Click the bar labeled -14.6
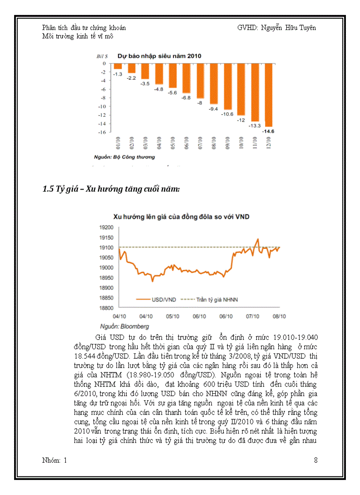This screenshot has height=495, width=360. pyautogui.click(x=268, y=95)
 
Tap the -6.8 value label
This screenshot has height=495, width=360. pyautogui.click(x=186, y=97)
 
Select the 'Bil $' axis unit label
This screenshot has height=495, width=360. pyautogui.click(x=102, y=56)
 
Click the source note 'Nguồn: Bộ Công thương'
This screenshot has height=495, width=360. pyautogui.click(x=124, y=156)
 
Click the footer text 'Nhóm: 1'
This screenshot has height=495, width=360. pyautogui.click(x=54, y=461)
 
